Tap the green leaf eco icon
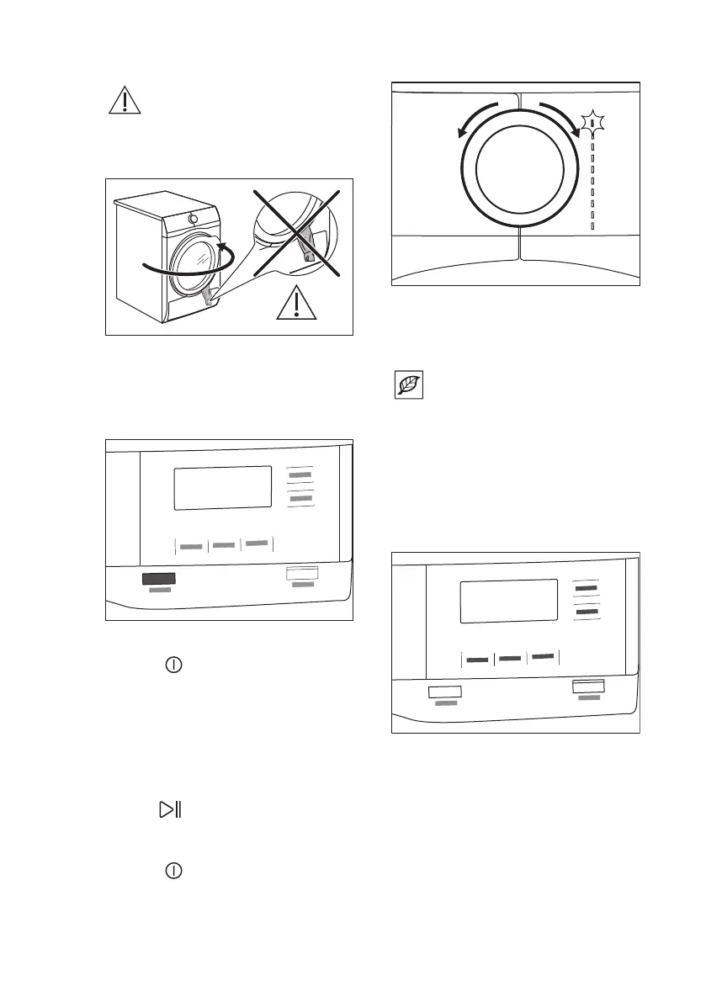pos(410,386)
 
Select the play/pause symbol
pos(172,810)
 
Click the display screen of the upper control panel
pos(222,487)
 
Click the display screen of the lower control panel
pos(509,601)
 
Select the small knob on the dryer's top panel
pos(193,220)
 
